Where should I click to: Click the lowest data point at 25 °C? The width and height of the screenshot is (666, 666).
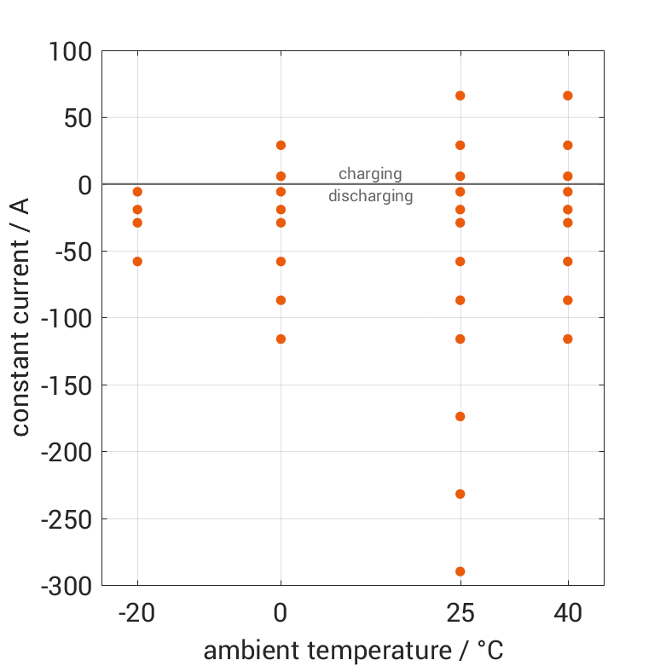[460, 571]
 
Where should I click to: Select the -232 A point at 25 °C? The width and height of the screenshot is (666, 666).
[460, 494]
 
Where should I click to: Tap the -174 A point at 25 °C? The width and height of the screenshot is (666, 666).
[460, 416]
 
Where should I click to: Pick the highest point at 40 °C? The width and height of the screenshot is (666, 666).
[568, 96]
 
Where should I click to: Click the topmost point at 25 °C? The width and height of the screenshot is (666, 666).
[460, 96]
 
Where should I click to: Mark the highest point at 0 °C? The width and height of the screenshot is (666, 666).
[281, 145]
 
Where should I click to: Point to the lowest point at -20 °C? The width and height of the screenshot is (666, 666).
[137, 261]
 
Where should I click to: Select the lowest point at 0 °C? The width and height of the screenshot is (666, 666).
[281, 339]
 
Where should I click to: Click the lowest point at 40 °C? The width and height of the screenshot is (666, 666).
[568, 339]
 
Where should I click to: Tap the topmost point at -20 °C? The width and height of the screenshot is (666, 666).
[137, 192]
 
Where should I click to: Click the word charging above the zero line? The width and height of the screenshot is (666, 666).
[370, 174]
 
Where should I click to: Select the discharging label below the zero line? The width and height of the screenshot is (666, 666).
[370, 196]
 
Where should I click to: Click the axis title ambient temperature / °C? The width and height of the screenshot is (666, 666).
[353, 651]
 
